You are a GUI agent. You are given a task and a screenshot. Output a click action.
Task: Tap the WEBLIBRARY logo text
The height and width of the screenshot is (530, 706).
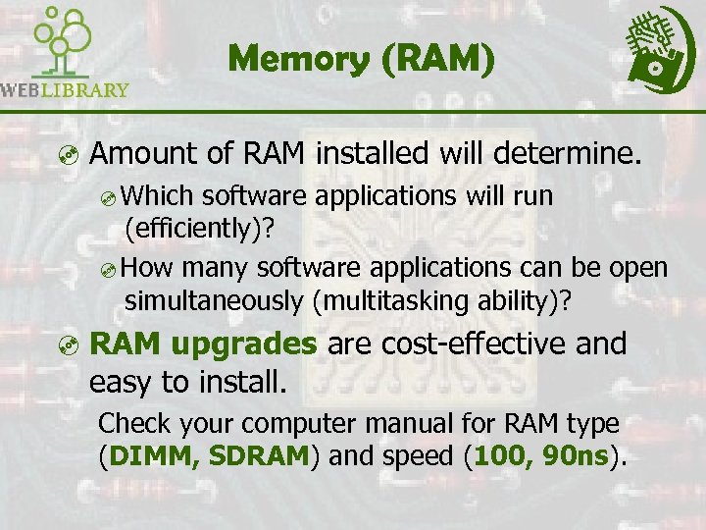[x=65, y=90]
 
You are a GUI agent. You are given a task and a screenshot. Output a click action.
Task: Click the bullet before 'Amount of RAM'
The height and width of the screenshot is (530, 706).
[x=64, y=154]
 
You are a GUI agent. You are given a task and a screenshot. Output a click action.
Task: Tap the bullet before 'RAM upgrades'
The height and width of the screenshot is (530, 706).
[x=64, y=344]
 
